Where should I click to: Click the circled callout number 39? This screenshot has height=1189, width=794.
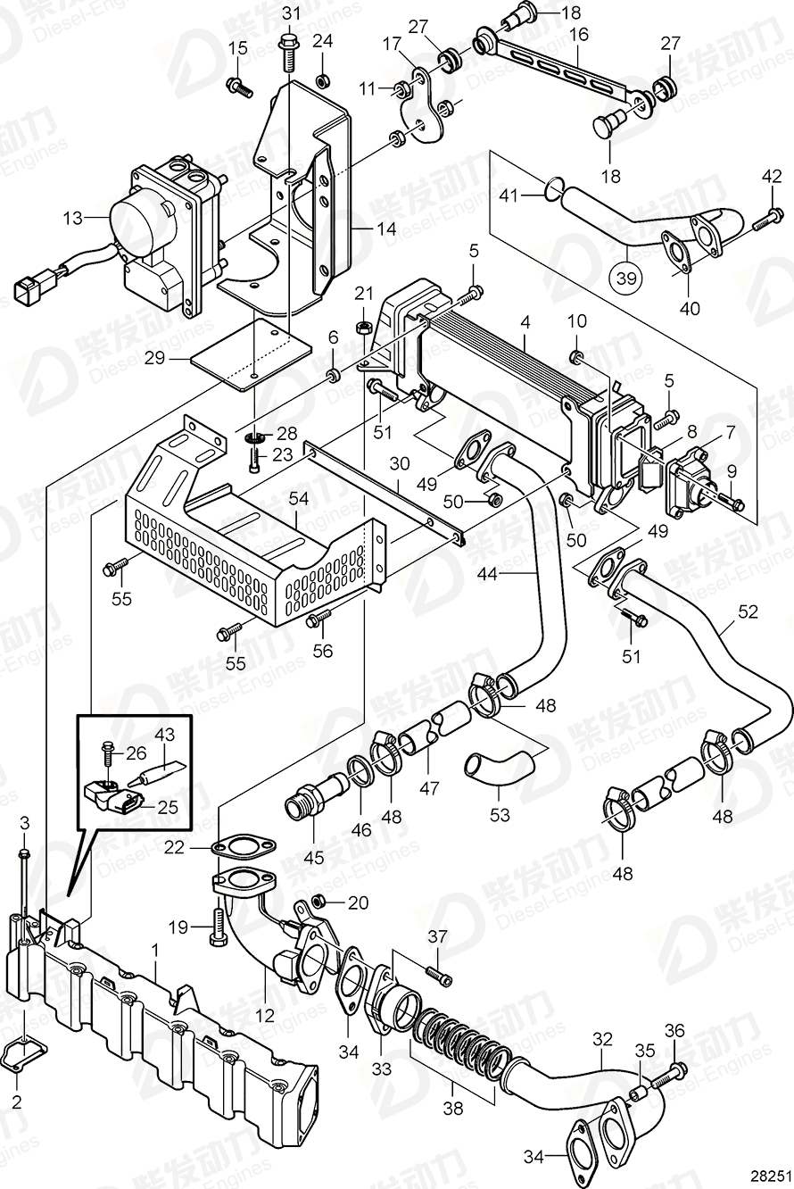(x=625, y=278)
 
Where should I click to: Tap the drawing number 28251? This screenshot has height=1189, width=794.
(x=765, y=1176)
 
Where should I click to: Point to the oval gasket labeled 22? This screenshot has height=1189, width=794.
(x=236, y=846)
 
